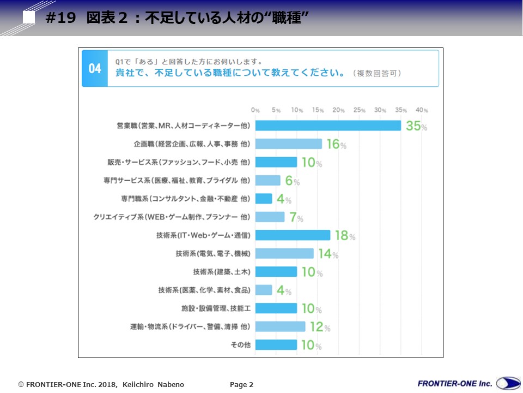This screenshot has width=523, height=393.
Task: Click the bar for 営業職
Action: tap(328, 126)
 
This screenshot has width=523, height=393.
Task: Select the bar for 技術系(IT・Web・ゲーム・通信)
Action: tap(293, 235)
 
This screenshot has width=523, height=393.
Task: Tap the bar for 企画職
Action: tap(289, 144)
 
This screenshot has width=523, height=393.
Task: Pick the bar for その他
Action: tap(276, 345)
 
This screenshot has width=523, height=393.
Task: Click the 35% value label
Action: tap(416, 126)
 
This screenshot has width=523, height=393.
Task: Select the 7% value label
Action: tap(296, 218)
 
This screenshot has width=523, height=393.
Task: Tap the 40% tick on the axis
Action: tap(422, 110)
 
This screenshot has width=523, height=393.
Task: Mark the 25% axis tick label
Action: tap(360, 110)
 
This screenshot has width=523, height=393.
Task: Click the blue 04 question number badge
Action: tap(95, 69)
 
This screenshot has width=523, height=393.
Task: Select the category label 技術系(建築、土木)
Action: tap(222, 272)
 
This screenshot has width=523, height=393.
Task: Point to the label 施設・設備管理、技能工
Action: tap(216, 308)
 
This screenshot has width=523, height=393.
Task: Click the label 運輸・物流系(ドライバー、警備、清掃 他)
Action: tap(190, 327)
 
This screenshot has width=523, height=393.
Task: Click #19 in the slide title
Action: tap(60, 18)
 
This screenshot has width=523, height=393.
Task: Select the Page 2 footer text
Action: tap(241, 385)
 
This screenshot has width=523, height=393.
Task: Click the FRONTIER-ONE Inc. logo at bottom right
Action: tap(467, 383)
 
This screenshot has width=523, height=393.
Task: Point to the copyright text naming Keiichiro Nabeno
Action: tap(101, 385)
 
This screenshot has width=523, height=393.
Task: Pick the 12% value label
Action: tap(320, 327)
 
